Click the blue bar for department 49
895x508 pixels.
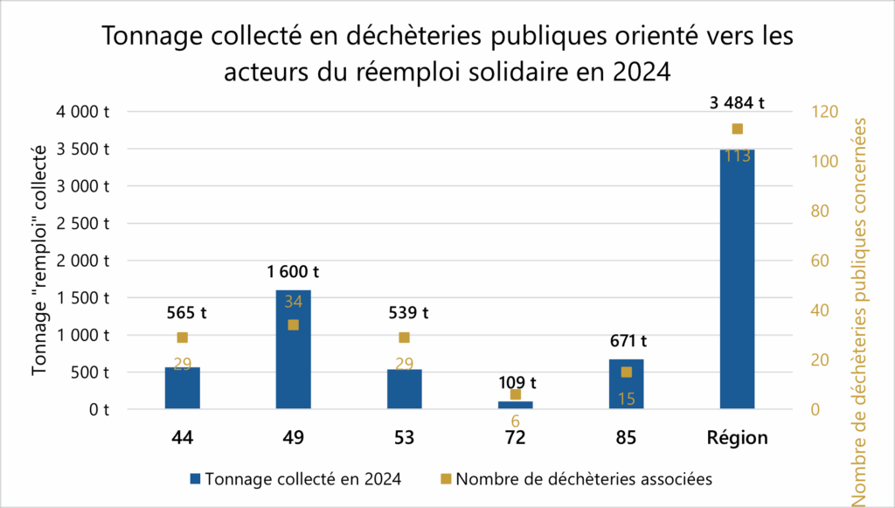point(293,350)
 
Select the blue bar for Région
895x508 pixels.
point(737,280)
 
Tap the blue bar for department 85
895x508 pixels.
point(626,384)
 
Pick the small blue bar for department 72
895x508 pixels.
point(515,405)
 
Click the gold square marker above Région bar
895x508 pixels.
point(737,129)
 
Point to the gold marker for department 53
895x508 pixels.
point(404,338)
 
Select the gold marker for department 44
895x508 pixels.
point(182,338)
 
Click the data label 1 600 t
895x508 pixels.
point(293,273)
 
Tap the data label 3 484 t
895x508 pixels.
point(737,102)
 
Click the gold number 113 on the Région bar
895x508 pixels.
point(737,157)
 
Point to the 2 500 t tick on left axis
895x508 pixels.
point(85,223)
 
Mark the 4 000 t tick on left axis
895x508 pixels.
point(85,112)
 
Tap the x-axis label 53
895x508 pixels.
point(404,438)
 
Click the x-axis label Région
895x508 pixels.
point(737,438)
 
